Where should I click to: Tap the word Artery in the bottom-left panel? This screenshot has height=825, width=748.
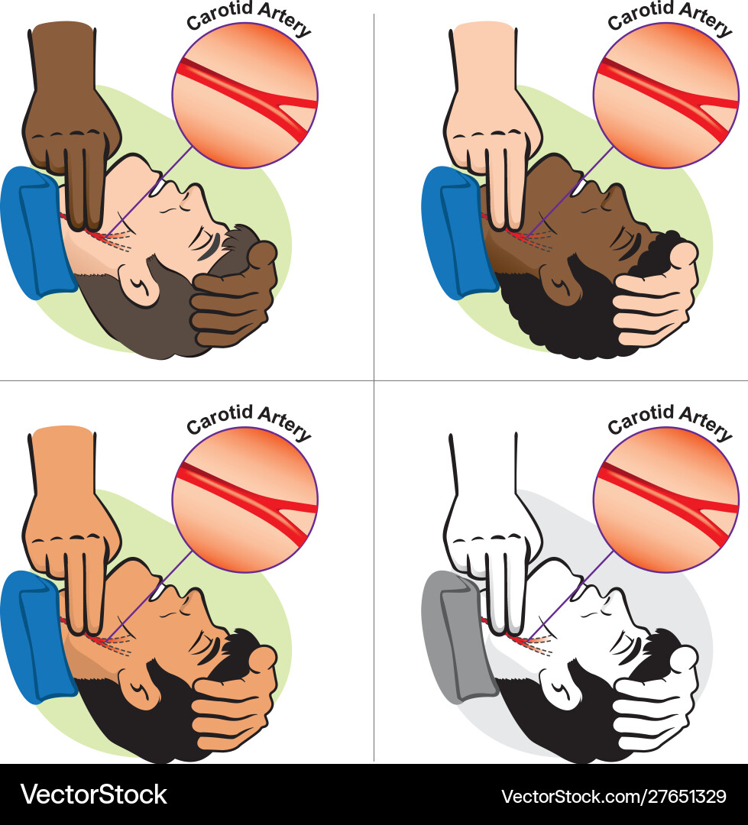pyautogui.click(x=284, y=423)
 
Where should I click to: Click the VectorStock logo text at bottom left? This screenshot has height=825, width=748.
pyautogui.click(x=94, y=794)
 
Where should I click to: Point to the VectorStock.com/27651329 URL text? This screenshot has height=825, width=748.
pyautogui.click(x=614, y=796)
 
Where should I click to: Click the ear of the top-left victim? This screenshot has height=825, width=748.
pyautogui.click(x=139, y=285)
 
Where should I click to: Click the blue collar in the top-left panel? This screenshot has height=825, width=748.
pyautogui.click(x=34, y=232)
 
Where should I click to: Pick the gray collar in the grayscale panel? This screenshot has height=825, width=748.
pyautogui.click(x=457, y=636)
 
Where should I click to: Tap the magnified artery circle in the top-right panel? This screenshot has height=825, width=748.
pyautogui.click(x=666, y=95)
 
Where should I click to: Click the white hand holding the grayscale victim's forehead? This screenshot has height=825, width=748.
pyautogui.click(x=656, y=697)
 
